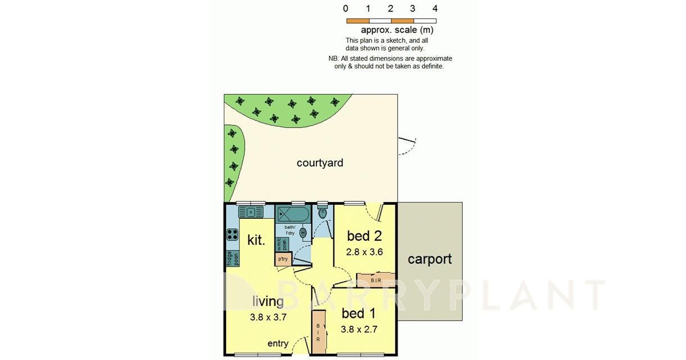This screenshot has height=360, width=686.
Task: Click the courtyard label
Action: click(320, 163)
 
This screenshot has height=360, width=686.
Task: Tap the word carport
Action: click(430, 259)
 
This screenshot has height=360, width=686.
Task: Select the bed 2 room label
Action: click(364, 236)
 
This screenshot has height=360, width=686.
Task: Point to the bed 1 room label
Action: click(359, 313)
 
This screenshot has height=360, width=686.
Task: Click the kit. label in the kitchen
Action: click(256, 240)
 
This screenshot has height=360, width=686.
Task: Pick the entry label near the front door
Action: click(278, 344)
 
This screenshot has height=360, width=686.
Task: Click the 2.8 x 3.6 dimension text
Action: click(364, 252)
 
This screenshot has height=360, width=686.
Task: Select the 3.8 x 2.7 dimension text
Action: click(359, 330)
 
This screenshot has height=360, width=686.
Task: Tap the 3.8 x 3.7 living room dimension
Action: click(268, 317)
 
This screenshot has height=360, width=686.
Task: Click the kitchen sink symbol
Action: click(251, 212)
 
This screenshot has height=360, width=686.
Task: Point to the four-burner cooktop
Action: click(232, 235)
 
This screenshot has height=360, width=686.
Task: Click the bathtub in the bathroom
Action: click(293, 214)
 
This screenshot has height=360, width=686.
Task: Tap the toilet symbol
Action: click(322, 212)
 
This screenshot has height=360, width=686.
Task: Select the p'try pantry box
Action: click(283, 259)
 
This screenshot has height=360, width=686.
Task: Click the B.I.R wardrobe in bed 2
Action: click(376, 280)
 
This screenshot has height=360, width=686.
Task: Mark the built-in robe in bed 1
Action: click(318, 332)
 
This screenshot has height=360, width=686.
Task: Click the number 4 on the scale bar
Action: click(435, 8)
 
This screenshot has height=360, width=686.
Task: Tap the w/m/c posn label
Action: click(281, 245)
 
